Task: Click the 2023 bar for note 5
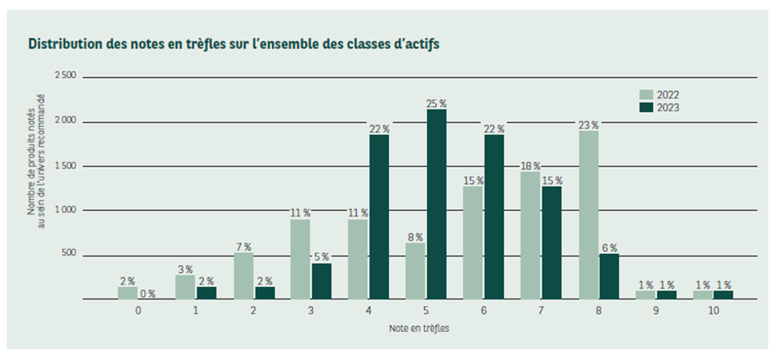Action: click(x=436, y=205)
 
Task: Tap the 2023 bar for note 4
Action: click(x=379, y=216)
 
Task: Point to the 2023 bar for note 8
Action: click(x=608, y=276)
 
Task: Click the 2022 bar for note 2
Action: click(x=244, y=276)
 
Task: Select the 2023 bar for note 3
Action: click(x=322, y=281)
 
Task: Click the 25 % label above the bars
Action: click(x=436, y=104)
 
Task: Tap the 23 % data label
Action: click(x=589, y=125)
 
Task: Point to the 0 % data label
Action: click(x=148, y=294)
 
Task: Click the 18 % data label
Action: click(x=531, y=166)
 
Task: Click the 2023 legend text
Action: click(x=668, y=108)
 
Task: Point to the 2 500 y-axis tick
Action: click(x=65, y=76)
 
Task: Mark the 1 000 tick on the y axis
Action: click(x=65, y=211)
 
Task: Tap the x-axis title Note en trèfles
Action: click(x=420, y=328)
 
